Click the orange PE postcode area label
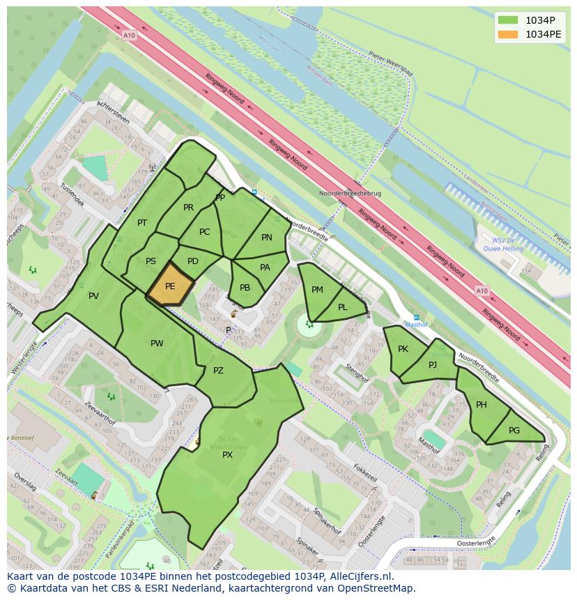pos(170,286)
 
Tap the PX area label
pos(227,454)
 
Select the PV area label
pos(93,296)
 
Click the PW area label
pos(157,343)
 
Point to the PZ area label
pos(218,371)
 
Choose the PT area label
pos(142,223)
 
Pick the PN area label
pos(266,238)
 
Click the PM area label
pos(317,290)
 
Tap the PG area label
pos(514,431)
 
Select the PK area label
pos(403,349)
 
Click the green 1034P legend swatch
pos(509,20)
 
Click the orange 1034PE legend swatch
pos(509,34)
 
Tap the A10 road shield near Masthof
pos(482,291)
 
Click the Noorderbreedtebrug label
pos(350,193)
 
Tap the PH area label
pos(482,405)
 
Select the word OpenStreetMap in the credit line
pos(376,588)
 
